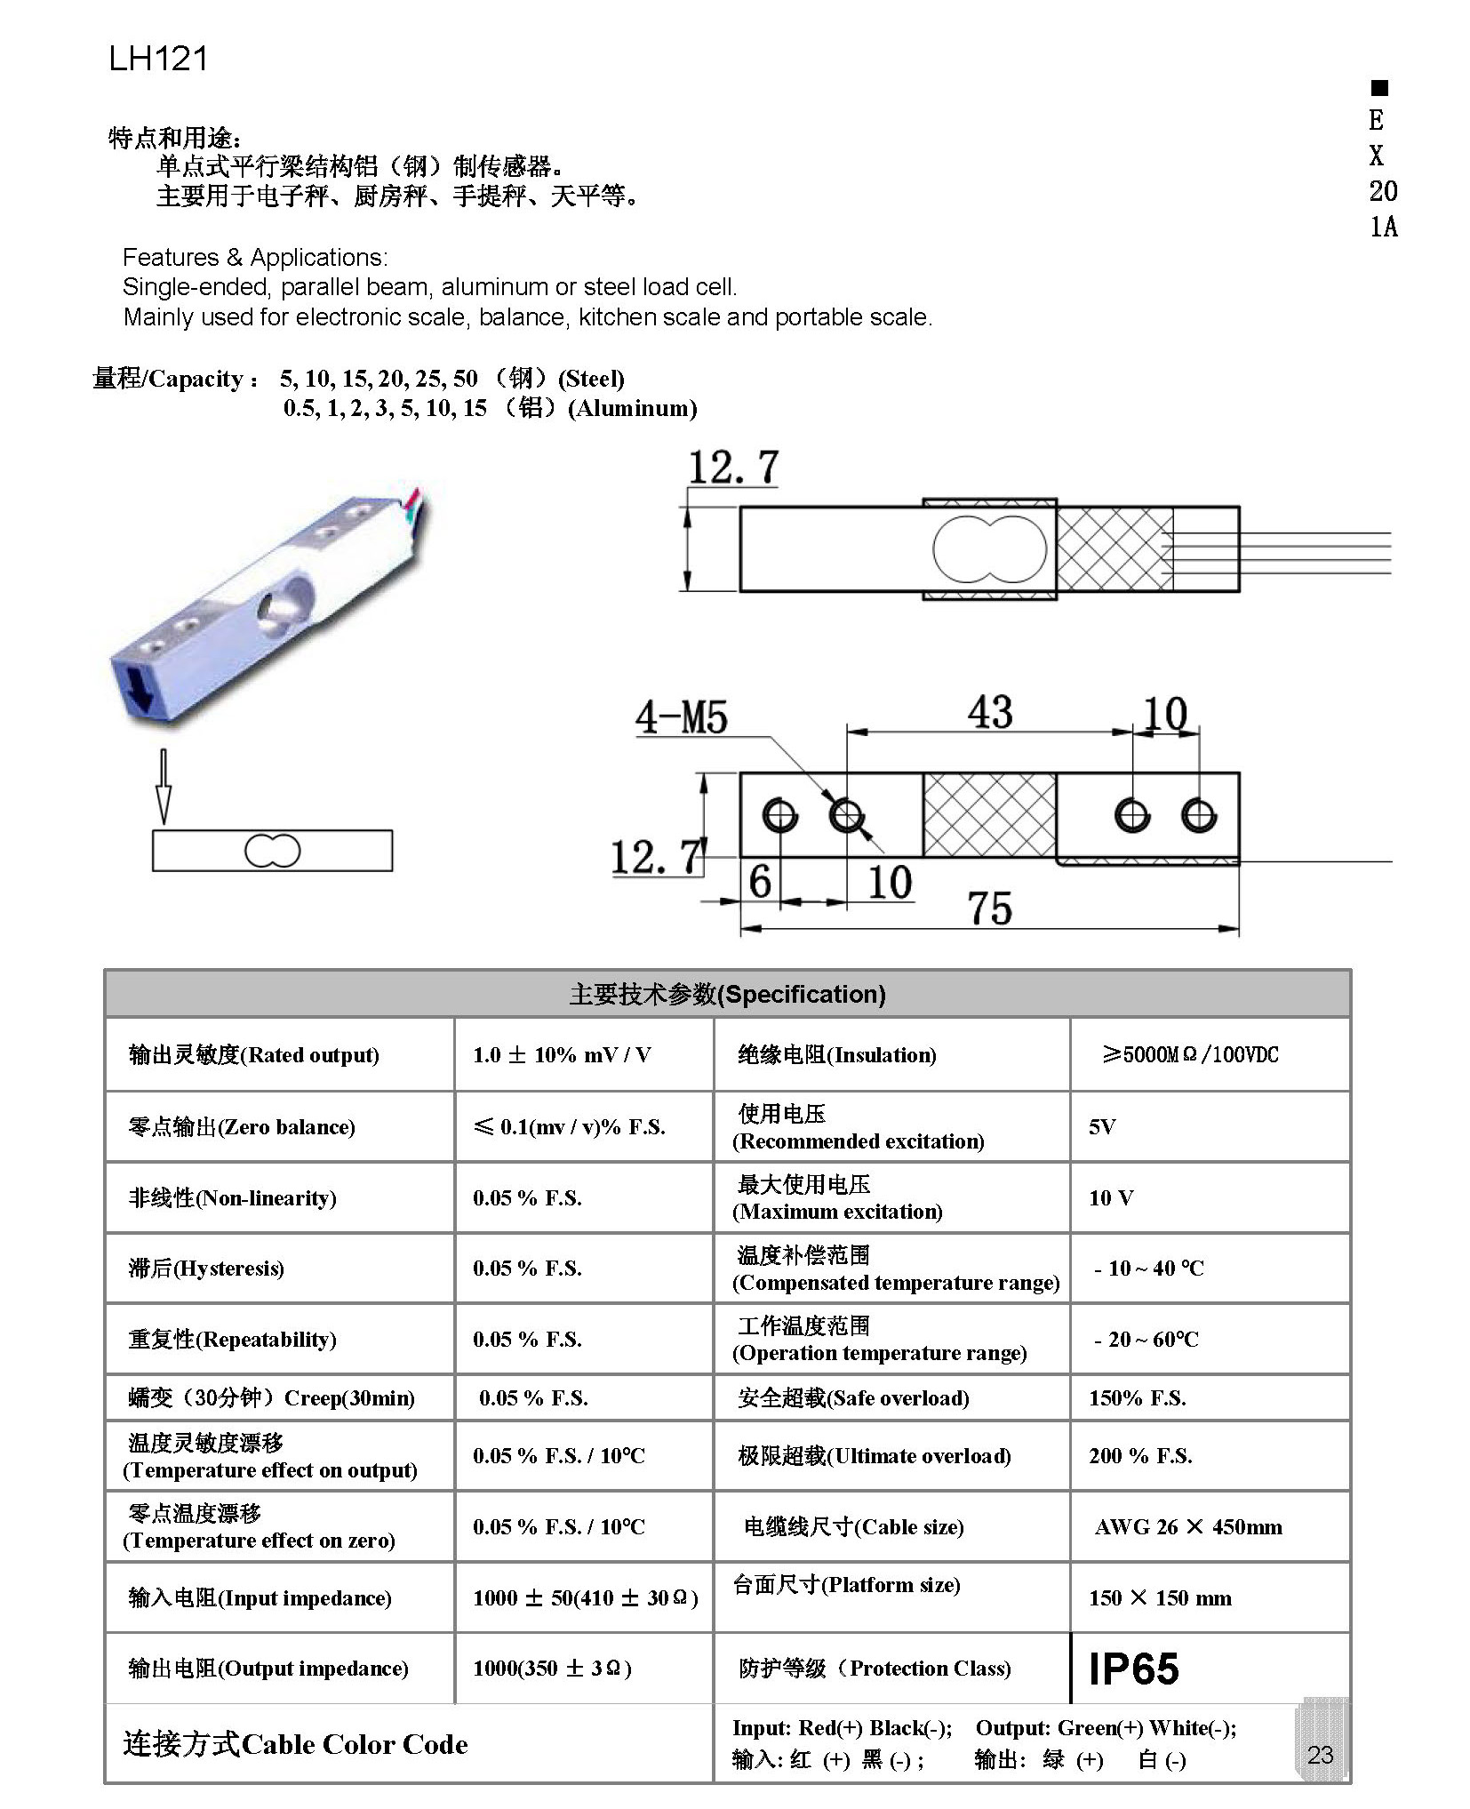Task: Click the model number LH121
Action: click(158, 59)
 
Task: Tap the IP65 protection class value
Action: click(1133, 1669)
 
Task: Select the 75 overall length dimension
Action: click(989, 909)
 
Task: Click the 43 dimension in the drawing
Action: click(990, 712)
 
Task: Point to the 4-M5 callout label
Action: click(681, 717)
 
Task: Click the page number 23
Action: click(1320, 1754)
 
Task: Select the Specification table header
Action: click(727, 994)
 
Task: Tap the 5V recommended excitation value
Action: click(1101, 1127)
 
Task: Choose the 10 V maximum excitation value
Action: click(1111, 1198)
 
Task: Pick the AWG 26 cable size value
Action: click(1187, 1527)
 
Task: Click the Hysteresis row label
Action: click(206, 1269)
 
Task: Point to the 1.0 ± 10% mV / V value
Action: click(562, 1055)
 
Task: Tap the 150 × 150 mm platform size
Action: click(1160, 1598)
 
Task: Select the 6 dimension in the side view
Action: click(760, 882)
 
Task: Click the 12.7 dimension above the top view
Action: click(733, 468)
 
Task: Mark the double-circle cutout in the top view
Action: click(988, 549)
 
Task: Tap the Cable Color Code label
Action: click(295, 1744)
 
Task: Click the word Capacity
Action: click(195, 380)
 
